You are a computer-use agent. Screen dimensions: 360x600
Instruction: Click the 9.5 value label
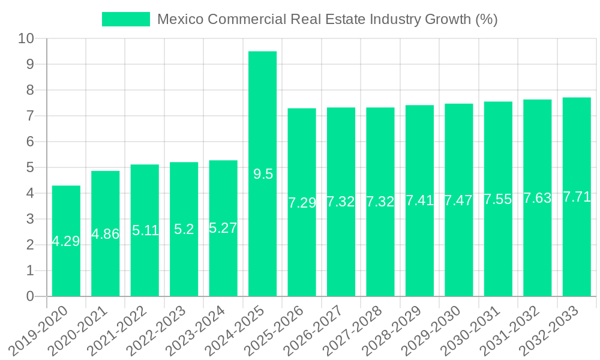(263, 174)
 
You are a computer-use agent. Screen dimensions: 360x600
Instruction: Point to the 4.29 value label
(66, 241)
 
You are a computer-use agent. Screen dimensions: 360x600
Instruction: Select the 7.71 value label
(577, 197)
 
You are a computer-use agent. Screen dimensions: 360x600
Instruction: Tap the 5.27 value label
(223, 228)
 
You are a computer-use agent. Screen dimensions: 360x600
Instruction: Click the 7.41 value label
(419, 200)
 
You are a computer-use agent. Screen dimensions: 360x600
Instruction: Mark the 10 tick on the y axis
(26, 39)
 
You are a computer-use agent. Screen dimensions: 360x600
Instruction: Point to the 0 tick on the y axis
(30, 296)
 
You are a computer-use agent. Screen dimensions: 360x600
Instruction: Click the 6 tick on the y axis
(30, 142)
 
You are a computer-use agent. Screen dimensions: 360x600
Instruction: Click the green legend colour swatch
(125, 19)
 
